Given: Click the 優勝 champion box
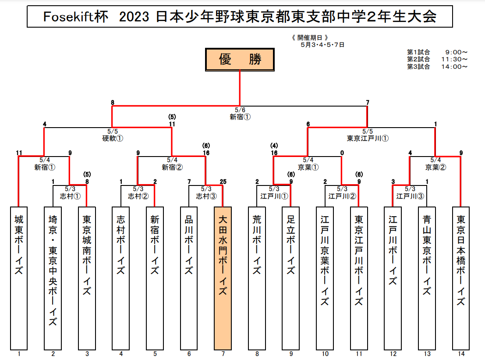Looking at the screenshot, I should (240, 59).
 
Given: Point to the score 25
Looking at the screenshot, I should (223, 182).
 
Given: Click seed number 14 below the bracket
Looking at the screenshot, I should (461, 353).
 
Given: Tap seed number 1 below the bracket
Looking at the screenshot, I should (18, 353).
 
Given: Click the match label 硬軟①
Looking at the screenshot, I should (113, 138).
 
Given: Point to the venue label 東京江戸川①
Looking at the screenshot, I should (367, 138).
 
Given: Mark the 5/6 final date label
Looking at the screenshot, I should (240, 110).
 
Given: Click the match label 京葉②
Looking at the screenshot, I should (435, 167).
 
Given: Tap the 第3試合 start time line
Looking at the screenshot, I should (437, 67).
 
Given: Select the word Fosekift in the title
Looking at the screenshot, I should (64, 17).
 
